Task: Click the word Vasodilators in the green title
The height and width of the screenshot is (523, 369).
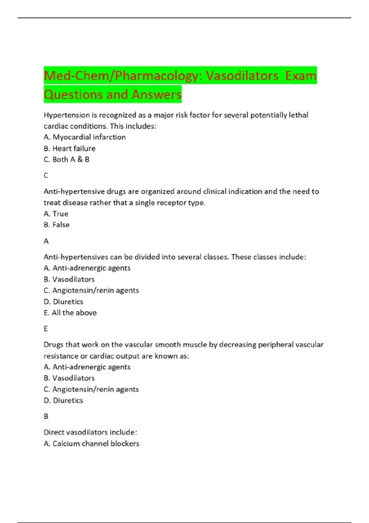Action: coord(242,76)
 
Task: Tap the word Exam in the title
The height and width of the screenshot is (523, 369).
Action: coord(300,76)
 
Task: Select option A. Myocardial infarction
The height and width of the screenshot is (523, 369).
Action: coord(85,137)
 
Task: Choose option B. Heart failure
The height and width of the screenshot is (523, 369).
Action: coord(69,149)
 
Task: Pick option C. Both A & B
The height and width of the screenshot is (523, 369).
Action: coord(66,160)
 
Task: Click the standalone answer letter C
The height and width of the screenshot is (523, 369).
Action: coord(46,176)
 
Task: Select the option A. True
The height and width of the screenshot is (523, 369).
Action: coord(56,214)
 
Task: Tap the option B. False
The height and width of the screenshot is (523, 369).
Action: coord(57,225)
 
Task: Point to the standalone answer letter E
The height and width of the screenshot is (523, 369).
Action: coord(46,329)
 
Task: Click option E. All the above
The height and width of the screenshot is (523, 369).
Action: coord(70,313)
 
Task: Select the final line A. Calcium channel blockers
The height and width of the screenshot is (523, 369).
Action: coord(91,444)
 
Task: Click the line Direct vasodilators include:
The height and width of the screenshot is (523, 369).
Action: coord(90,433)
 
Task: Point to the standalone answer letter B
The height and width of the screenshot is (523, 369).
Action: coord(46,417)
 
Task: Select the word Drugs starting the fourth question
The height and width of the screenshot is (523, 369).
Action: coord(53,345)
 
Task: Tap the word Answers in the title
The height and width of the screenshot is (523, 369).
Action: coord(157,94)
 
